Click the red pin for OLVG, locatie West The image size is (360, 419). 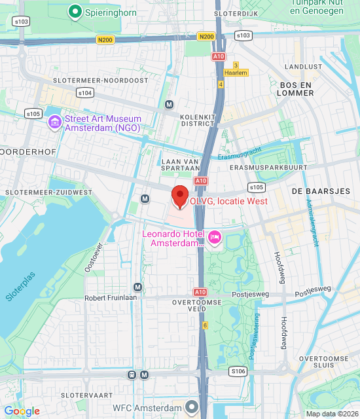click(179, 196)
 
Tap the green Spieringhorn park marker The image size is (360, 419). click(75, 11)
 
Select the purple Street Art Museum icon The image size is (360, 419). click(54, 122)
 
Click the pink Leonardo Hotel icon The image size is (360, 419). click(214, 236)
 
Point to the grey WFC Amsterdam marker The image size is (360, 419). click(191, 407)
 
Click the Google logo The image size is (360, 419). click(22, 411)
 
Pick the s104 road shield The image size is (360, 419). click(84, 93)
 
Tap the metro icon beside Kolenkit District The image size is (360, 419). click(170, 104)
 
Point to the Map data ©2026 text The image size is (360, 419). click(331, 413)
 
